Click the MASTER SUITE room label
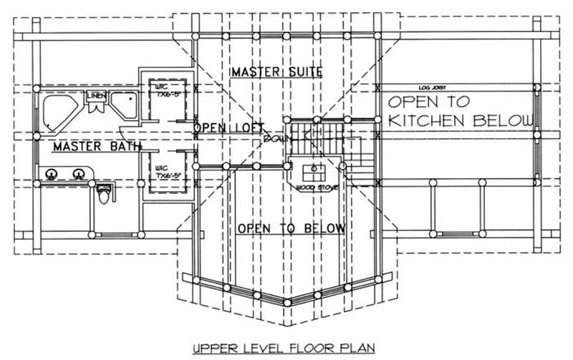coord(276,72)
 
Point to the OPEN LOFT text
coord(227,128)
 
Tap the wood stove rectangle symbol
coord(313,172)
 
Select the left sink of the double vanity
coord(52,173)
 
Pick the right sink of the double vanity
coord(77,173)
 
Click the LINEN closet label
coord(95,96)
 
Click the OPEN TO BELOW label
coord(291,228)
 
